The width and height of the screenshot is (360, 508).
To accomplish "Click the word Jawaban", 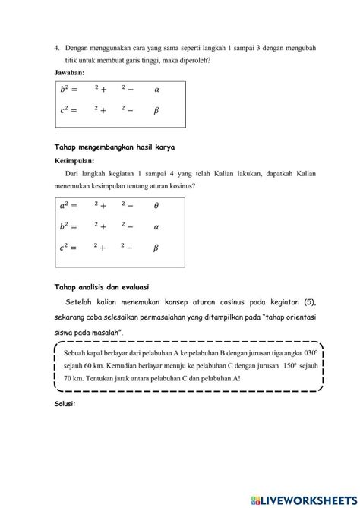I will tap(70, 72).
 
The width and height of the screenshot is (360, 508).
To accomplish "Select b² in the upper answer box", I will tap(69, 89).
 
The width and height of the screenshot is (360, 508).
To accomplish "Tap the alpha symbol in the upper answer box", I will tap(156, 89).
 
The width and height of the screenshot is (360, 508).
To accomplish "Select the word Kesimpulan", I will tap(75, 161).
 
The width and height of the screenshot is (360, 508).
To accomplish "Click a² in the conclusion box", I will tap(69, 205).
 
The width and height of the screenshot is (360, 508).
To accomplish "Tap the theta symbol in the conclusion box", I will tap(156, 205).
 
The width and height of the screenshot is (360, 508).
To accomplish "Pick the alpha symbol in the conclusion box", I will tap(156, 226).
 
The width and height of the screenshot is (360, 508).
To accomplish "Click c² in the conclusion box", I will tap(69, 248).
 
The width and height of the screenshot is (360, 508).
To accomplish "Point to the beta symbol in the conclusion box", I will tap(156, 248).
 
